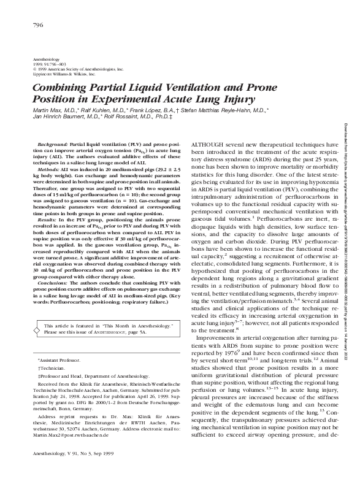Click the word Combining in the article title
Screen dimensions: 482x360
[x=57, y=87]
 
